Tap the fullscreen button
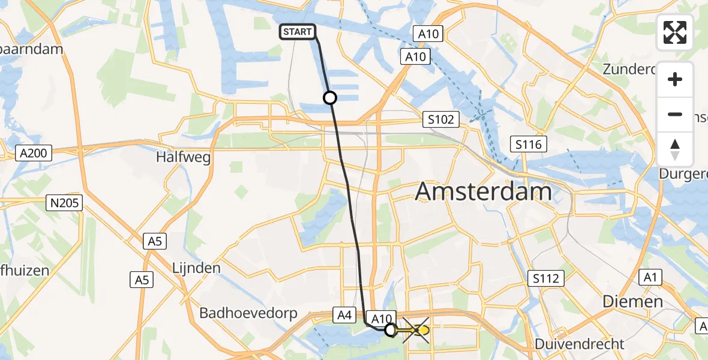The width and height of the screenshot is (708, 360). (675, 32)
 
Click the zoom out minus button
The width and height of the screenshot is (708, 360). (675, 114)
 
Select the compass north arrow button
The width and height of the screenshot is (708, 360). (675, 149)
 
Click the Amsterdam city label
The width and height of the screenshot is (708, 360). (483, 191)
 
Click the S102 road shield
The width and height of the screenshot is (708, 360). (441, 119)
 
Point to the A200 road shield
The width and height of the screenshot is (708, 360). (33, 154)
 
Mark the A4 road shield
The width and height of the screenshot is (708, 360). (344, 314)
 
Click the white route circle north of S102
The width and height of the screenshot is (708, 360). (329, 97)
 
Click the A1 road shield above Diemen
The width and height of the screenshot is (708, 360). (649, 277)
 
